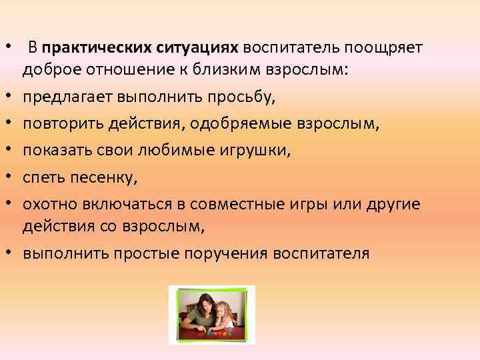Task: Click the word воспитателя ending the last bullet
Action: point(325,253)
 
